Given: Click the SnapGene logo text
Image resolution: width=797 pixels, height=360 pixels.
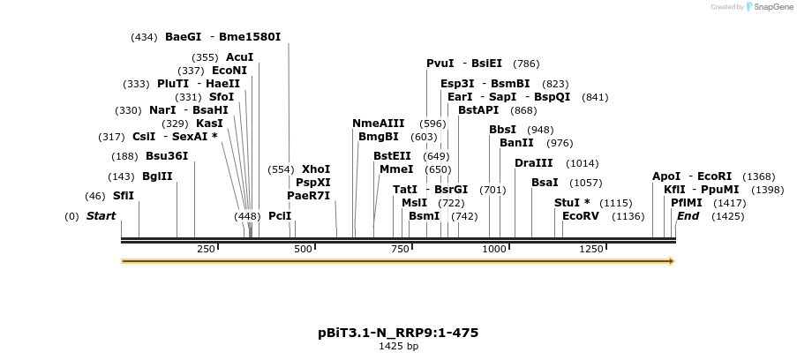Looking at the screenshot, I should pos(771,7).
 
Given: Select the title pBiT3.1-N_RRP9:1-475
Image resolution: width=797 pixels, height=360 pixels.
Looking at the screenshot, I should pos(398,333).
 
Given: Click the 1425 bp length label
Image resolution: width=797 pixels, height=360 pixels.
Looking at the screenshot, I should pos(398,346).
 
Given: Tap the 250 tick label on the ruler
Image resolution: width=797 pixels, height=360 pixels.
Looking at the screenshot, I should pos(207,249).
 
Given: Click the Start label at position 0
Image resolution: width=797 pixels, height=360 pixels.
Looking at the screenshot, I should pos(101,216).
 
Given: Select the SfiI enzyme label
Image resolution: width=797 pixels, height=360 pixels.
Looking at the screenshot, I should pos(124,195).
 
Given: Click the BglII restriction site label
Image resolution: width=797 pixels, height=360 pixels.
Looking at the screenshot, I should pos(158,176).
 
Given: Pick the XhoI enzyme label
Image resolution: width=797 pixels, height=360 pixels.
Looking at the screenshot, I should pos(316,169).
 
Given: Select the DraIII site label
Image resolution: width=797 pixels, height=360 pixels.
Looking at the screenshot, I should pos(533,163).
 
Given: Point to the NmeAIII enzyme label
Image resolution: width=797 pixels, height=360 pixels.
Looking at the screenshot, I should pos(378,124).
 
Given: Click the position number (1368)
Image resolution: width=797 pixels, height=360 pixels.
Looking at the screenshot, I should pos(758,176).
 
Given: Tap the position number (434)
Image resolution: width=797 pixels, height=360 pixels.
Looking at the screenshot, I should pos(144,37).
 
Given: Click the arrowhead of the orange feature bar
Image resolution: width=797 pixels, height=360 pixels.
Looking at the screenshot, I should pos(672,261).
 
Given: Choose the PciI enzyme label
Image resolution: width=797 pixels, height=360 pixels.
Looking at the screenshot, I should pos(280,216).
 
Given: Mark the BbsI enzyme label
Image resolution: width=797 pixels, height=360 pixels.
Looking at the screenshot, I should pos(503,130).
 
